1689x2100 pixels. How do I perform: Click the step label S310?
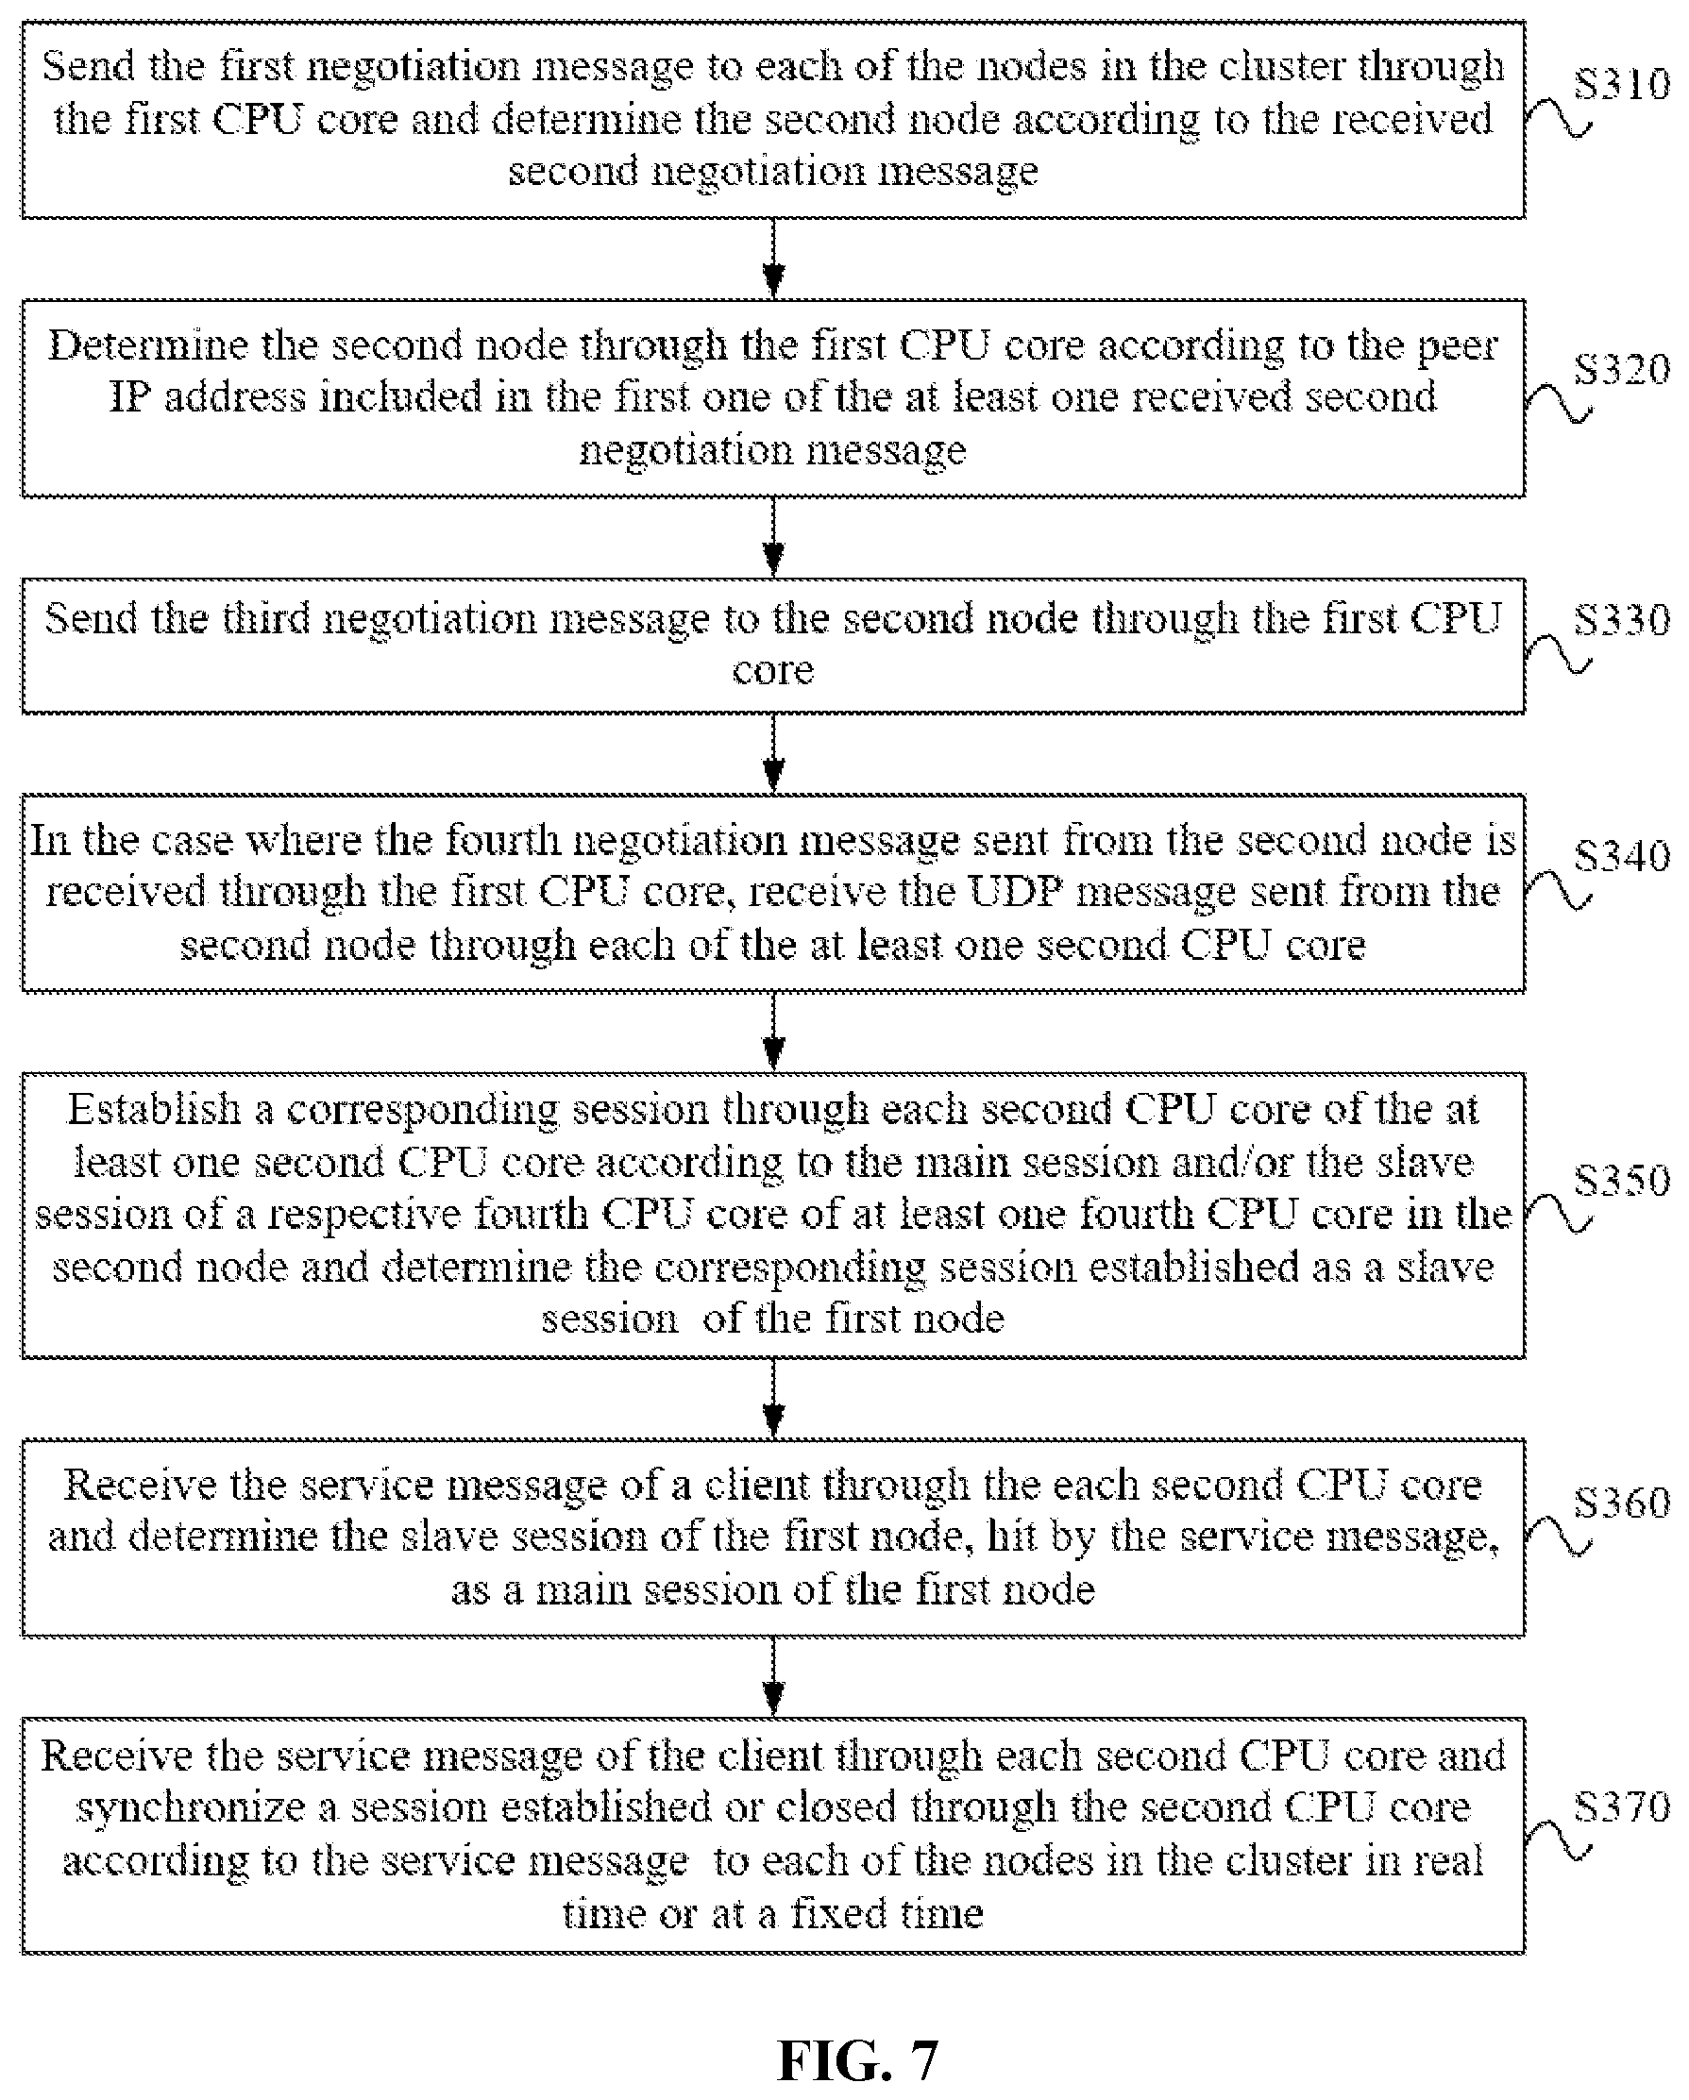(x=1622, y=84)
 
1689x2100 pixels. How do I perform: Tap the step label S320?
(x=1622, y=369)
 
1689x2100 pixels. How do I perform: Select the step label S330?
(x=1622, y=619)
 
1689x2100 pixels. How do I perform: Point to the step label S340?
(x=1622, y=856)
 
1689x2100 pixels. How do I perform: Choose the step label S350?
(x=1622, y=1181)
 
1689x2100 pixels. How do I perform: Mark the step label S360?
(x=1622, y=1503)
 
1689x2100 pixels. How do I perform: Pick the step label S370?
(x=1622, y=1806)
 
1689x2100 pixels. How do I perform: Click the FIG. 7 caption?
(x=857, y=2059)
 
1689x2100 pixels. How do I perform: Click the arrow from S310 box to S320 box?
(x=773, y=258)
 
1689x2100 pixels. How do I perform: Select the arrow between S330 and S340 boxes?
(x=773, y=754)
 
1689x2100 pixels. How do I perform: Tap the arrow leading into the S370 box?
(x=773, y=1676)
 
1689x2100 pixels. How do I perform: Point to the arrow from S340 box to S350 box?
(x=773, y=1033)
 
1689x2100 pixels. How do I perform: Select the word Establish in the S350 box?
(x=155, y=1109)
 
